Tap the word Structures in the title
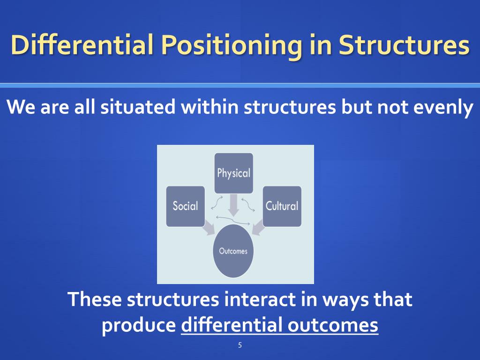click(404, 45)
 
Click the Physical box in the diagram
click(233, 173)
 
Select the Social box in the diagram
click(186, 206)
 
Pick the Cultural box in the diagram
click(282, 206)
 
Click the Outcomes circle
click(233, 251)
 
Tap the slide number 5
click(240, 346)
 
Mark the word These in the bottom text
click(95, 299)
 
